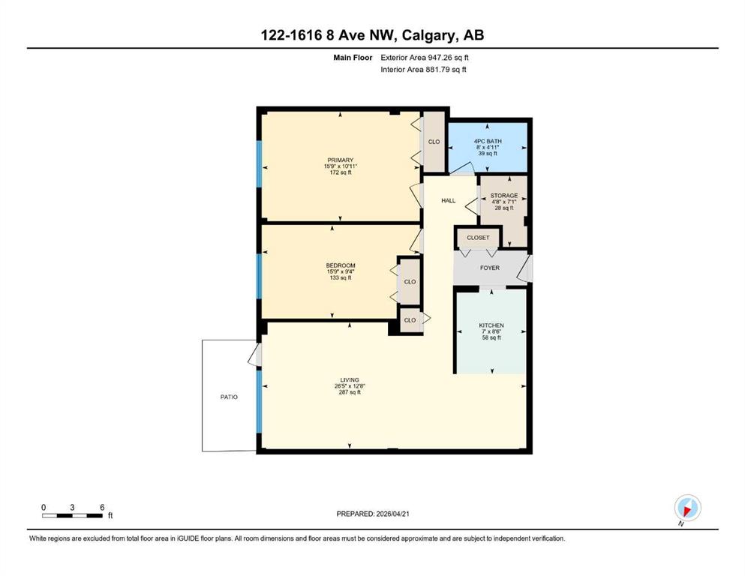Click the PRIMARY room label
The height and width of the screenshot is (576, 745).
click(340, 160)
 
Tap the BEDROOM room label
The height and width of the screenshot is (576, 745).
click(340, 265)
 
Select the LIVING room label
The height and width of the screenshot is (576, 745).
click(349, 380)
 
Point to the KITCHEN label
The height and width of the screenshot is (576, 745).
click(491, 325)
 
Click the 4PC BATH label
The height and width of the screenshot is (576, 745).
click(488, 141)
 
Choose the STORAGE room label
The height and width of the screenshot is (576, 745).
click(504, 196)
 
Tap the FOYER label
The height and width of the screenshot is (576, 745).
click(489, 268)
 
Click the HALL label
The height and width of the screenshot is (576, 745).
click(448, 200)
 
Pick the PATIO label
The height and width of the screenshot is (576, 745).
click(229, 397)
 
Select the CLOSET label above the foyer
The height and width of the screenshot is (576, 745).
click(478, 238)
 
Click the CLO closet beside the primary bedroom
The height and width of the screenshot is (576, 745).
click(434, 142)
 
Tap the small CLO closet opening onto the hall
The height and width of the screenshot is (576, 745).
click(410, 320)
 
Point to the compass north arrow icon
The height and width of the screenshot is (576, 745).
click(687, 508)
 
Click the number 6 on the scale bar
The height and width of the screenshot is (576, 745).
click(102, 507)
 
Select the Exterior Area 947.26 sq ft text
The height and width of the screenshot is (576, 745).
click(425, 58)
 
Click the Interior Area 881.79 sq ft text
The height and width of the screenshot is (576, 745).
click(423, 69)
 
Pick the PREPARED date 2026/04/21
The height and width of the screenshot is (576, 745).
click(392, 514)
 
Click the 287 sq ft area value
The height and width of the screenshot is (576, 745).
click(349, 392)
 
